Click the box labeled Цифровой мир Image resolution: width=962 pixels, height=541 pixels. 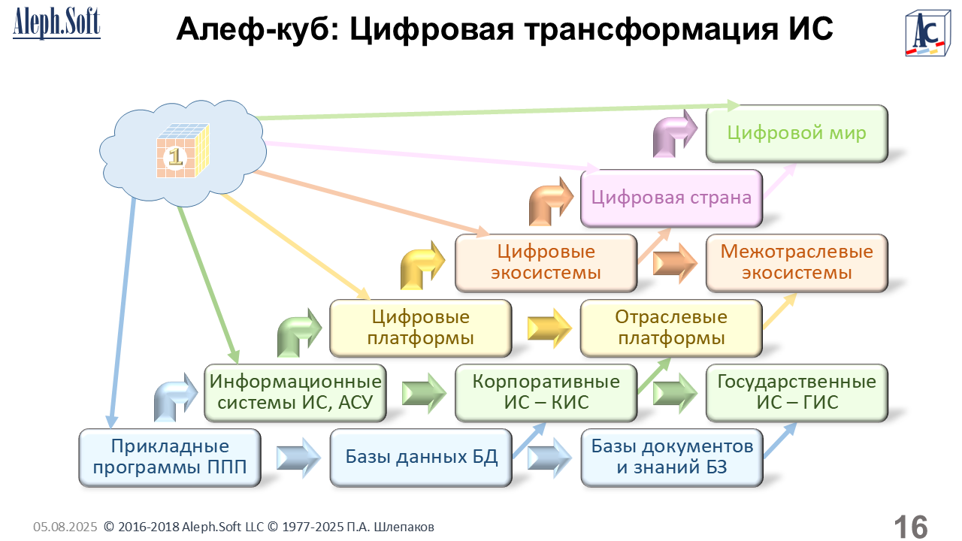pyautogui.click(x=797, y=134)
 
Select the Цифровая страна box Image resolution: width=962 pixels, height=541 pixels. pyautogui.click(x=671, y=198)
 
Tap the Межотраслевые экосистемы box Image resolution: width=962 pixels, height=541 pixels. pyautogui.click(x=797, y=262)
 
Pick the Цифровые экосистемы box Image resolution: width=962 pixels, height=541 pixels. pyautogui.click(x=546, y=262)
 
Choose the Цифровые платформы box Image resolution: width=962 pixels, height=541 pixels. pyautogui.click(x=420, y=328)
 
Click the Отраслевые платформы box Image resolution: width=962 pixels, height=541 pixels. pyautogui.click(x=671, y=328)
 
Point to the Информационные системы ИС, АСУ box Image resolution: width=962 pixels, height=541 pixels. pyautogui.click(x=295, y=392)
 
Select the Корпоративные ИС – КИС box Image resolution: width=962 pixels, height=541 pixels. pyautogui.click(x=546, y=392)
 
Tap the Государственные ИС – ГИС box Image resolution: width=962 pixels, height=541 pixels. pyautogui.click(x=797, y=392)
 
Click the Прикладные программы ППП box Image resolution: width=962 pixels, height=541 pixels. pyautogui.click(x=170, y=457)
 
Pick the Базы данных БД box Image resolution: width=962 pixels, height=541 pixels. pyautogui.click(x=421, y=457)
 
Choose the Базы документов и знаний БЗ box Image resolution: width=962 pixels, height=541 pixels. pyautogui.click(x=671, y=457)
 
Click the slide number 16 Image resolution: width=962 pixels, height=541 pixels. pyautogui.click(x=910, y=527)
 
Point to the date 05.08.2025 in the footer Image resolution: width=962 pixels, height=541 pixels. pyautogui.click(x=65, y=527)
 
